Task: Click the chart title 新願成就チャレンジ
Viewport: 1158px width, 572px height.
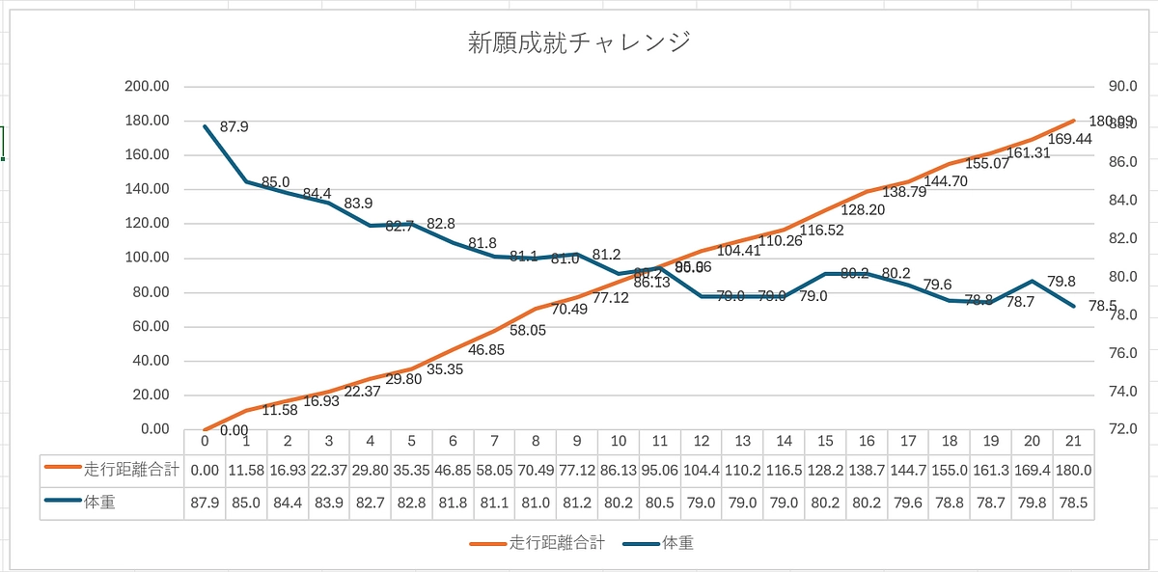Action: point(578,42)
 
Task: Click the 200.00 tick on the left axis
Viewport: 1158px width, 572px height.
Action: point(147,86)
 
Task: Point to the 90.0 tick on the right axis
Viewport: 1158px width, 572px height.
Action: point(1123,86)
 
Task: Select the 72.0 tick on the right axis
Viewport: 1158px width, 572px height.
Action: point(1123,429)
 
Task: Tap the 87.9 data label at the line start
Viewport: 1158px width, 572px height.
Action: point(234,126)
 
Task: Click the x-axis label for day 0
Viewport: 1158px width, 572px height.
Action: point(205,440)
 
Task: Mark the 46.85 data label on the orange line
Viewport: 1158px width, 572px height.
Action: point(485,350)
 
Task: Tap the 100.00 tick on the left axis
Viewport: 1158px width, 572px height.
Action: point(147,258)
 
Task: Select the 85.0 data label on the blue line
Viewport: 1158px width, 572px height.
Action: point(275,181)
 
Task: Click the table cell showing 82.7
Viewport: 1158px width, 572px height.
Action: point(370,503)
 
